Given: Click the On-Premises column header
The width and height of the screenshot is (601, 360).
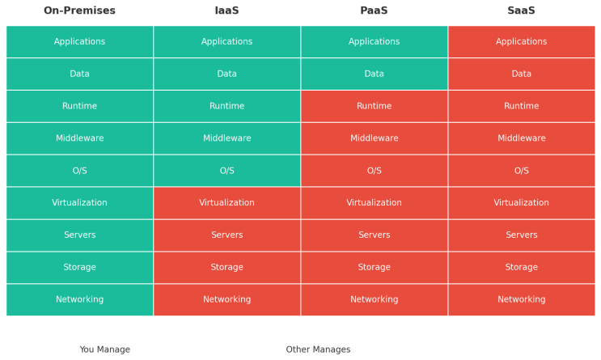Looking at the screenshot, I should click(79, 11).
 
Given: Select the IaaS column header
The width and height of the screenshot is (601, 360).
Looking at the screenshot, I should click(226, 11).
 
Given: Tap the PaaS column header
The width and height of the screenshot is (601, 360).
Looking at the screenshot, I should click(374, 11).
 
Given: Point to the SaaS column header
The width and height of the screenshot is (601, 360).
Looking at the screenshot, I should click(521, 11).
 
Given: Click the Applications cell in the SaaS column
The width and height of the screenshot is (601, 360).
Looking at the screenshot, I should click(521, 41).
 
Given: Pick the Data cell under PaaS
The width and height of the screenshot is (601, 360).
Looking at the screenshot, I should click(374, 74).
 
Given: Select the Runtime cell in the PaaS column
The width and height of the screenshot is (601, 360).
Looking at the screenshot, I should click(374, 106).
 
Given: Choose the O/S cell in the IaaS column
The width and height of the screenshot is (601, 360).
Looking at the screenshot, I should click(226, 171).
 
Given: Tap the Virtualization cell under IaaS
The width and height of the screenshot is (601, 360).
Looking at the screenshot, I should click(226, 203).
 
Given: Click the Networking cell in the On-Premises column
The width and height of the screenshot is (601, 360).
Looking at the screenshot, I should click(79, 299).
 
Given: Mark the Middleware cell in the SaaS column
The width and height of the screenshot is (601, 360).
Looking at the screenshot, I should click(521, 138).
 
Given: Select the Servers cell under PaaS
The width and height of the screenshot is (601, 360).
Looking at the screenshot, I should click(374, 235).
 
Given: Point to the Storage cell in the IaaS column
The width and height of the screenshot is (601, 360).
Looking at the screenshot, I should click(226, 267).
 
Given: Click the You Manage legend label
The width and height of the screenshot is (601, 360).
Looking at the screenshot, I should click(104, 349).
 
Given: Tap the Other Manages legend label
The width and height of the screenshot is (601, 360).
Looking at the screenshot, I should click(318, 349).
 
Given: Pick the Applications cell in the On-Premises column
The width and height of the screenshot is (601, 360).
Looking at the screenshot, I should click(79, 41).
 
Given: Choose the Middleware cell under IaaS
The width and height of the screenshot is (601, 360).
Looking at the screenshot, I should click(226, 138).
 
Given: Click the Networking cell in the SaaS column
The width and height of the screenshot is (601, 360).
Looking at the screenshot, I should click(521, 299).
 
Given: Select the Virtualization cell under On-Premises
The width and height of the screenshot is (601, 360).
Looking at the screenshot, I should click(79, 203).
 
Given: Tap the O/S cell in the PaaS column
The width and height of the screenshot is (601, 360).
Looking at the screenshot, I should click(374, 171).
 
